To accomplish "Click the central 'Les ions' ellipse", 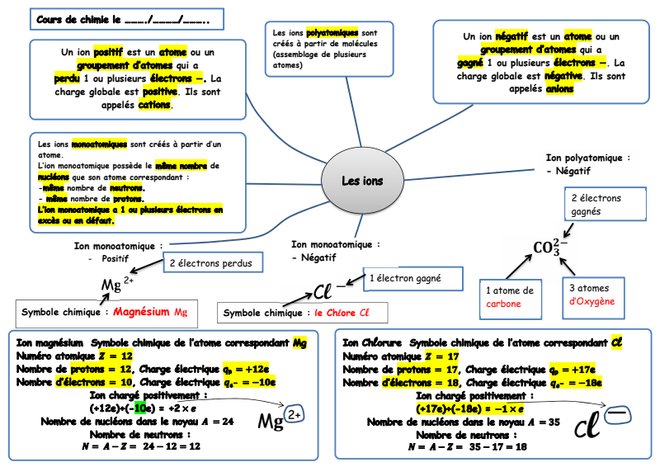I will (362, 181).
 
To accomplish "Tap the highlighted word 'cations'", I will (155, 105).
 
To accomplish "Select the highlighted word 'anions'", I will (559, 90).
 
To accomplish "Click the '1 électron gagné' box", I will (404, 279).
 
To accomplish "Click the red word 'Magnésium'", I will (143, 313).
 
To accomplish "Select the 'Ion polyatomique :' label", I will (588, 157).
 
